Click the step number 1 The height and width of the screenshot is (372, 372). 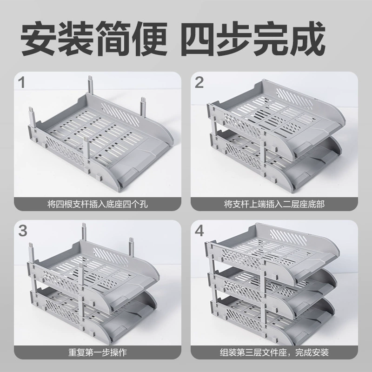click(x=21, y=83)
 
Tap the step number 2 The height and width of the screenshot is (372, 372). click(x=199, y=83)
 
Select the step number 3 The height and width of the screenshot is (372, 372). click(x=23, y=231)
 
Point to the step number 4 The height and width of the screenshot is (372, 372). click(x=199, y=231)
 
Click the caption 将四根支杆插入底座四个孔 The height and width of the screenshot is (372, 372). click(x=98, y=204)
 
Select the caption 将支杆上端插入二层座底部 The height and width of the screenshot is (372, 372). click(x=274, y=204)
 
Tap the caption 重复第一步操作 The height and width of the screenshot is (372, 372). click(x=98, y=352)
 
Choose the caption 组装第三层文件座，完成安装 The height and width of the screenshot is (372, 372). click(x=274, y=352)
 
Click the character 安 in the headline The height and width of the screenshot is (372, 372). click(x=39, y=39)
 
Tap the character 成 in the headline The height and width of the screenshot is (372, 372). click(x=308, y=39)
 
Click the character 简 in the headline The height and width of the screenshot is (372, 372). click(x=114, y=39)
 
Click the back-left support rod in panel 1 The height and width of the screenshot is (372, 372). click(x=90, y=85)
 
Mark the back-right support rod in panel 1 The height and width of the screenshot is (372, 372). click(x=143, y=107)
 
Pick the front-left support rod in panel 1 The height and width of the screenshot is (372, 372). click(x=32, y=118)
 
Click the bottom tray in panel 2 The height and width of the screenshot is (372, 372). click(x=275, y=161)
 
